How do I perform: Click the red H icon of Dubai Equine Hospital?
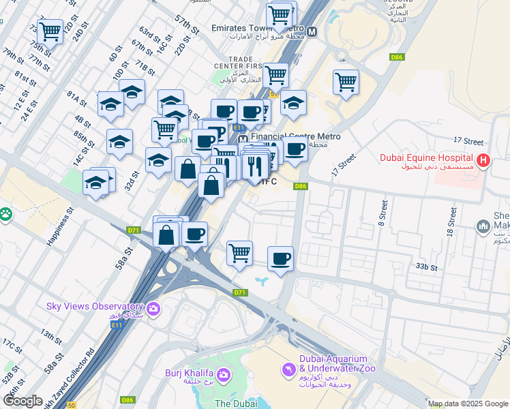483,162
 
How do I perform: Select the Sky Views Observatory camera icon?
153,309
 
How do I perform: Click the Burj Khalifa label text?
188,373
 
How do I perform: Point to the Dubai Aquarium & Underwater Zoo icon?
288,369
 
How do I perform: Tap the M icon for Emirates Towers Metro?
312,31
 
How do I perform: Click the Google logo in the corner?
22,401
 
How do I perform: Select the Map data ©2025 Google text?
468,404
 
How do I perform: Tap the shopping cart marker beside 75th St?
50,31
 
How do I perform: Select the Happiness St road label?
59,226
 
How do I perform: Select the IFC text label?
269,181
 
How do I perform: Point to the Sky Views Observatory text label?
94,306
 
